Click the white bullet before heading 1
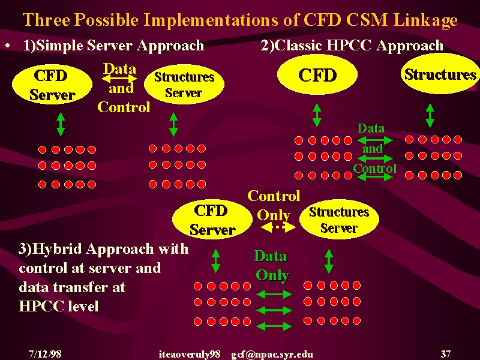coord(8,46)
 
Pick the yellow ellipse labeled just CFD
coord(317,74)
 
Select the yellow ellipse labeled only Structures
coord(440,73)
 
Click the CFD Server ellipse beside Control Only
coord(212,219)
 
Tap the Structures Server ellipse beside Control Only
coord(339,219)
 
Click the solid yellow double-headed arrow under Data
coord(119,79)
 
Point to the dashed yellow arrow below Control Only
coord(278,227)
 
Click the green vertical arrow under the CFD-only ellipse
coord(317,115)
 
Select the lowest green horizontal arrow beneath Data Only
coord(274,326)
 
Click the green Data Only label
coord(272,265)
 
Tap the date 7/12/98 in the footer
coord(45,354)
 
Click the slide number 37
coord(445,354)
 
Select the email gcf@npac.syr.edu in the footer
coord(272,355)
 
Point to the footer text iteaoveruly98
coord(190,355)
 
